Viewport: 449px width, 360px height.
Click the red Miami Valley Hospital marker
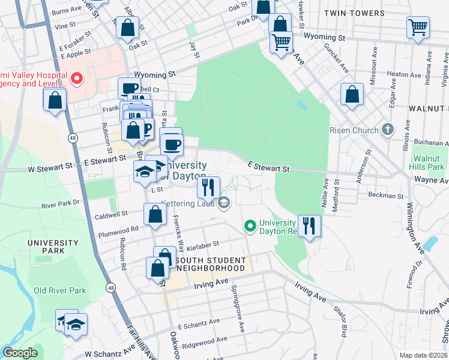click(x=76, y=78)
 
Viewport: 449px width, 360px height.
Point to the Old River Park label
click(x=59, y=290)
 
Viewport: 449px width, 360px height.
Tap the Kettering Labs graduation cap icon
click(x=224, y=203)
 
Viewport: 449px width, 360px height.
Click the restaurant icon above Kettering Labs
click(x=208, y=187)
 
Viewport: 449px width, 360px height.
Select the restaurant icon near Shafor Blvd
click(x=309, y=226)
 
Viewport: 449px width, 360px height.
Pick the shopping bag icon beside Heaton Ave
click(x=352, y=95)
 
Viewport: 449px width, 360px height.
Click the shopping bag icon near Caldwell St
click(x=155, y=214)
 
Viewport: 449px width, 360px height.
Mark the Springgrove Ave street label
click(x=237, y=305)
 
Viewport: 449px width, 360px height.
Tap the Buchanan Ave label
click(x=431, y=143)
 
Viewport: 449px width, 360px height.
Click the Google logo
click(x=20, y=353)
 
